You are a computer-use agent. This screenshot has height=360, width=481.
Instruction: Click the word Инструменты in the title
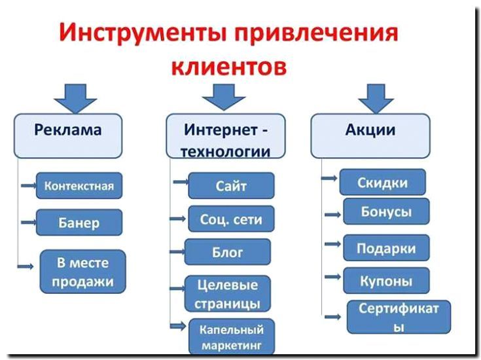pos(131,33)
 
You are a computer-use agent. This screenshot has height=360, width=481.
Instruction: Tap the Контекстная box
pos(79,186)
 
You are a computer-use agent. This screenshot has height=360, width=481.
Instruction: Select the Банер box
pos(79,223)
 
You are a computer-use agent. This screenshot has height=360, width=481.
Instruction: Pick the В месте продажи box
pos(82,272)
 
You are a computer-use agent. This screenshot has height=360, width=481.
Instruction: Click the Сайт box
pos(231,186)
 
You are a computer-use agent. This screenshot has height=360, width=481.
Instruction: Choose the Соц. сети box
pos(231,219)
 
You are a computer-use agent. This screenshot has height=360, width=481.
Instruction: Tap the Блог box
pos(227,252)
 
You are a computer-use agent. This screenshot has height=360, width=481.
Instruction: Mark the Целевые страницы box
pos(227,294)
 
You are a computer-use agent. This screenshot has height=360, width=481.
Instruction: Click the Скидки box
pos(382,183)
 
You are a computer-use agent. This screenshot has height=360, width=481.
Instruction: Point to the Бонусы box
pos(386,212)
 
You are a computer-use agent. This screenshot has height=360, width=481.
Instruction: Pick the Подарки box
pos(386,248)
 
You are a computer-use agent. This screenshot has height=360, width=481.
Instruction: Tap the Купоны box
pos(386,281)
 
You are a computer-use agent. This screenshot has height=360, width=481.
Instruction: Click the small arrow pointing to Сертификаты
pos(334,317)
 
